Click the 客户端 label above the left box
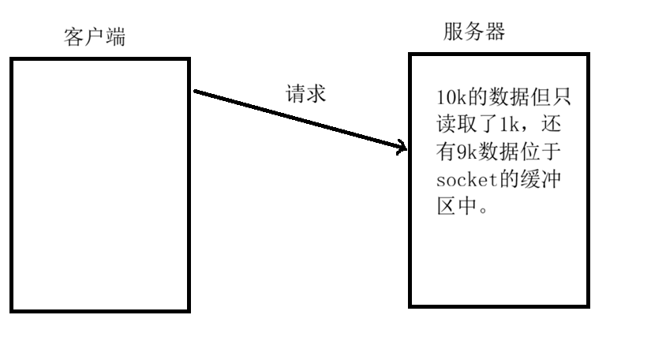(x=94, y=38)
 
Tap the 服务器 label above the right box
(x=473, y=32)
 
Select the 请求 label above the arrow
(x=305, y=93)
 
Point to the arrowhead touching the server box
(x=402, y=148)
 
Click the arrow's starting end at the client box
(x=196, y=92)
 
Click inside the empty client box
(x=99, y=183)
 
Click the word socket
(x=465, y=180)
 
